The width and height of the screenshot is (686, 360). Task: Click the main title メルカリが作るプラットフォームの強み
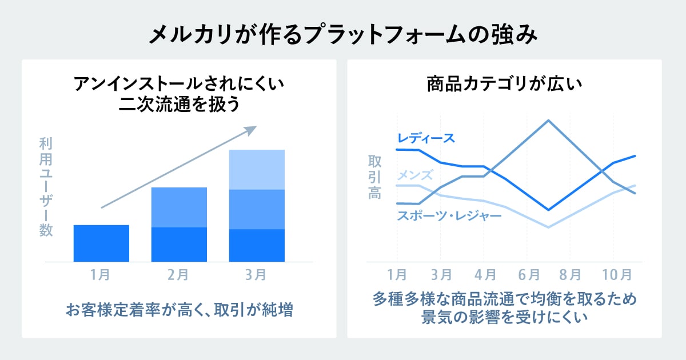click(343, 35)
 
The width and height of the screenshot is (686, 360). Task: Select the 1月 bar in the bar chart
click(101, 243)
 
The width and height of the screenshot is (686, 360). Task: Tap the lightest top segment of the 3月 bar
click(257, 169)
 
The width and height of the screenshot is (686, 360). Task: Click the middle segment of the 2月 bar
click(179, 207)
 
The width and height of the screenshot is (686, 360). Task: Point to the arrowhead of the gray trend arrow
click(249, 130)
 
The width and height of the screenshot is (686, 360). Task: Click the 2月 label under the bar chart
click(178, 275)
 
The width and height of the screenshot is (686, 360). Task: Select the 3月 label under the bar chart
click(256, 275)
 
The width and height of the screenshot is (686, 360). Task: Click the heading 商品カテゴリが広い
click(504, 86)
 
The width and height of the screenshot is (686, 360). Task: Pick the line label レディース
click(426, 138)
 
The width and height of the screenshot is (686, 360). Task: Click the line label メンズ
click(415, 175)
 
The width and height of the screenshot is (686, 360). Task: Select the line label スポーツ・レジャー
click(449, 215)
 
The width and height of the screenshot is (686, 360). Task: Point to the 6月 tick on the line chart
click(529, 275)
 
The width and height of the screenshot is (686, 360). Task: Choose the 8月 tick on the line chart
click(570, 275)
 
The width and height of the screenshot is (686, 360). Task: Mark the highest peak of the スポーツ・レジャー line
click(548, 121)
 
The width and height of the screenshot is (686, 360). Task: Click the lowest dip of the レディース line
click(548, 210)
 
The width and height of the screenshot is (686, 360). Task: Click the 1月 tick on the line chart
click(397, 275)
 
